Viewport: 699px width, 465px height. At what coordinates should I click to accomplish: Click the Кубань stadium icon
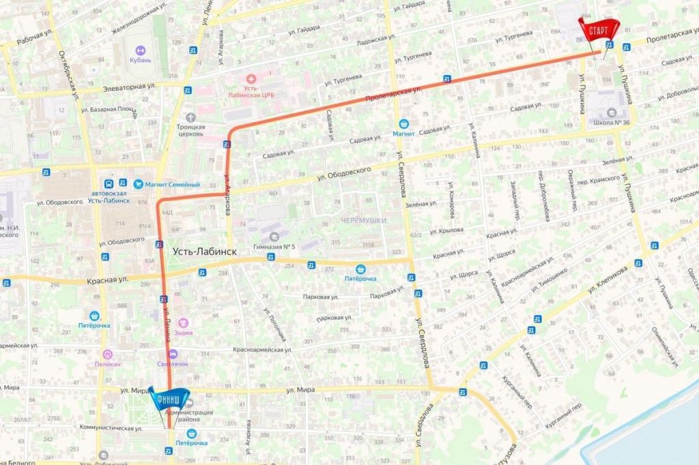(x=140, y=50)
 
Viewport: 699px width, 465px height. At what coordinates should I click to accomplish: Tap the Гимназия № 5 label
(x=273, y=245)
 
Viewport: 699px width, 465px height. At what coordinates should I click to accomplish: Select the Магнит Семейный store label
(x=167, y=184)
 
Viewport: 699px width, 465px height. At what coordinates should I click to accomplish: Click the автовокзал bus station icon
(x=109, y=183)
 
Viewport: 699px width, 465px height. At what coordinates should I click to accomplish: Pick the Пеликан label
(x=107, y=364)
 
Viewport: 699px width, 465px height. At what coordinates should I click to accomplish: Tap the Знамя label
(x=183, y=333)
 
